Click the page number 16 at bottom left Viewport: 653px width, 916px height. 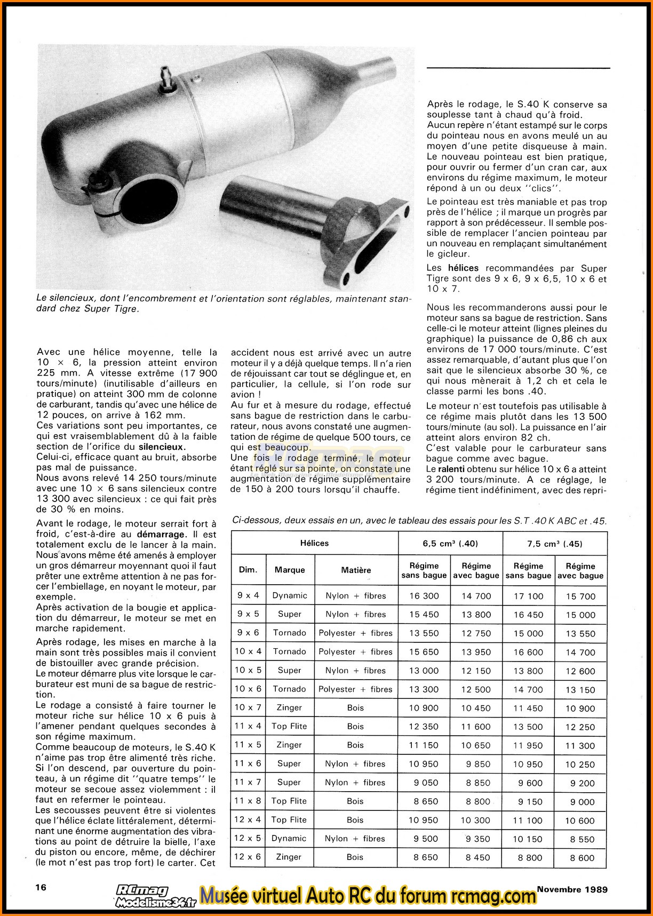[x=41, y=887]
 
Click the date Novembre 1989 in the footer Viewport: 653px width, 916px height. [x=572, y=889]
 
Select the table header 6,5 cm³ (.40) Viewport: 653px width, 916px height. [x=450, y=544]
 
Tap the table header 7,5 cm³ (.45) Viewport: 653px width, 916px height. [x=555, y=544]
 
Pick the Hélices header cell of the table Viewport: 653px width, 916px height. [x=315, y=543]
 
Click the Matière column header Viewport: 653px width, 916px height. [x=356, y=570]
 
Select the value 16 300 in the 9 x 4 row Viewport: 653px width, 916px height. [x=424, y=596]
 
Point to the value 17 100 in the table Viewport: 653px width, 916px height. [x=528, y=596]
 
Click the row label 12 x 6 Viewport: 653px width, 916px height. [x=248, y=857]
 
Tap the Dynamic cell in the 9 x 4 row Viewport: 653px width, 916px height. [x=290, y=595]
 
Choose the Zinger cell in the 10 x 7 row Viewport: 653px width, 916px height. [x=290, y=707]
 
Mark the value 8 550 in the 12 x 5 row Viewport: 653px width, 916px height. [x=580, y=839]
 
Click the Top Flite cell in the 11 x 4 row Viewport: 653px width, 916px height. [x=289, y=726]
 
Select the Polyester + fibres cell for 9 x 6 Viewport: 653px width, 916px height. [x=355, y=633]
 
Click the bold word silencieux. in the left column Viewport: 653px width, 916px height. [x=162, y=447]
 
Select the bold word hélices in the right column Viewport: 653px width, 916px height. [x=463, y=268]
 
